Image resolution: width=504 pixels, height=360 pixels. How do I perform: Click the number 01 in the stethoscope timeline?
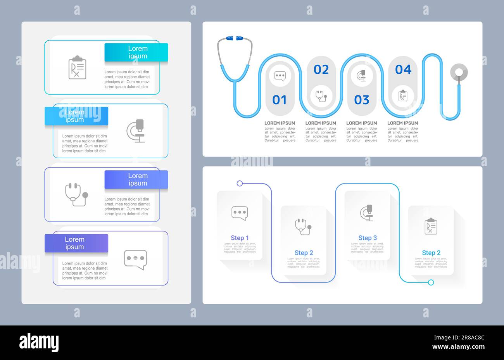point(279,100)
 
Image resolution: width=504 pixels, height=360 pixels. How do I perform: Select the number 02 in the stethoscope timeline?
point(321,69)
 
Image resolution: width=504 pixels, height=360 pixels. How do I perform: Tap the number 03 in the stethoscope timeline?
point(361,100)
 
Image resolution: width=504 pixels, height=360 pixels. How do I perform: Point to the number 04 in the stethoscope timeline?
point(403,69)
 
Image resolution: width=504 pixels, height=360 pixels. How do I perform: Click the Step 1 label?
point(240,238)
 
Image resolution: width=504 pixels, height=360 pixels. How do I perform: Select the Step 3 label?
point(367,238)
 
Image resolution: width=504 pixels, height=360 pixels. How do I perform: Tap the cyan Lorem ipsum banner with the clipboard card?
point(136,52)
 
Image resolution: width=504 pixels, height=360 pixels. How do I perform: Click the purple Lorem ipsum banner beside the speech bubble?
point(76,243)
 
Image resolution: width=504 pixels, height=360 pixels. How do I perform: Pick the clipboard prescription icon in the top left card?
point(77,67)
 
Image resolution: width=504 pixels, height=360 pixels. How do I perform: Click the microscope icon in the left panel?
point(136,131)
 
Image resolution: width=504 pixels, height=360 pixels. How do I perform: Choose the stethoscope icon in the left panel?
point(76,194)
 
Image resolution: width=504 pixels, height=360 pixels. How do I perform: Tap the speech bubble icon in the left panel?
point(135,259)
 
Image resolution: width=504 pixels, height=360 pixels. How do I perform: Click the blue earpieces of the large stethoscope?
point(235,38)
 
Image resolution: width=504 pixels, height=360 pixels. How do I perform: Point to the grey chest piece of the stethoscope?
point(459,72)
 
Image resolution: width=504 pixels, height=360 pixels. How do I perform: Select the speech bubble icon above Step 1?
point(240,213)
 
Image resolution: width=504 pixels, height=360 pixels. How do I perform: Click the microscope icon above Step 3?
point(367,213)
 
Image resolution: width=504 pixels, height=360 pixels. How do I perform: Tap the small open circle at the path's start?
point(240,183)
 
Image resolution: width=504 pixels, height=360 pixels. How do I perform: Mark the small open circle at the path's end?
point(431,282)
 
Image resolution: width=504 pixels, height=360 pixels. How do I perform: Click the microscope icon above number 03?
point(362,75)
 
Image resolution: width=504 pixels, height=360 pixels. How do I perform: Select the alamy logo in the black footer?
point(39,343)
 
